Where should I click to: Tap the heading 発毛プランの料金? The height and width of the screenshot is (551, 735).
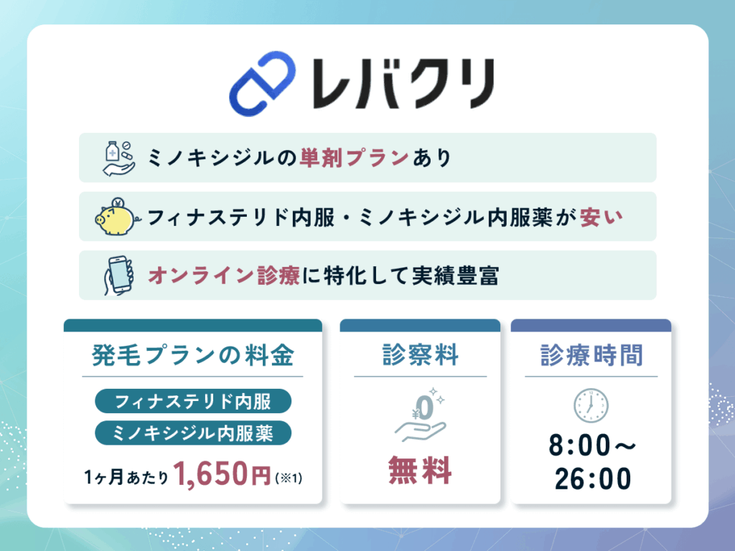point(193,356)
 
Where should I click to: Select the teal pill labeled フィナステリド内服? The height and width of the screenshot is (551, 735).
point(193,401)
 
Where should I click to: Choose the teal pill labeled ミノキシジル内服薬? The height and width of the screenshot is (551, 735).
point(193,433)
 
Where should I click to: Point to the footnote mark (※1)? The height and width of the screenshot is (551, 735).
point(288,476)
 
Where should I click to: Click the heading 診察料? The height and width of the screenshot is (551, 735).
point(420,356)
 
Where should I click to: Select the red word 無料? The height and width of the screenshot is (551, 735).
point(420,471)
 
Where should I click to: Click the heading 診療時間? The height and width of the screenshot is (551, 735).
point(591,356)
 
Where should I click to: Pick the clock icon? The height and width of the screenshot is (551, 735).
point(591,406)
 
